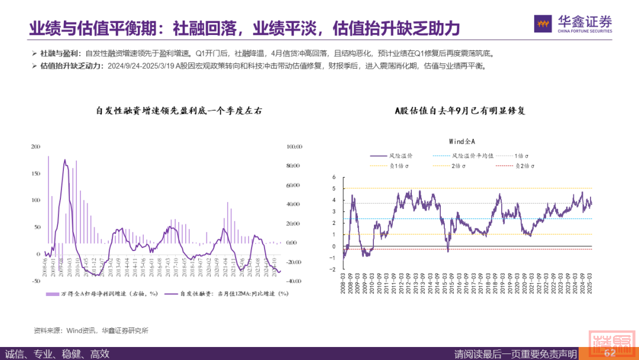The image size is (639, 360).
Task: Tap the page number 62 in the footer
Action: [609, 353]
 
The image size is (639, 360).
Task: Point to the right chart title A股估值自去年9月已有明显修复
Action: [460, 111]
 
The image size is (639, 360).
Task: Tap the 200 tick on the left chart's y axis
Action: [35, 146]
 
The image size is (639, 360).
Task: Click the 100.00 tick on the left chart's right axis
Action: [293, 146]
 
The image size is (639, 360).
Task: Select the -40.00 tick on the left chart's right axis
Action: [293, 281]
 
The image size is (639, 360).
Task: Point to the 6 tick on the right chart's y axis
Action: [334, 177]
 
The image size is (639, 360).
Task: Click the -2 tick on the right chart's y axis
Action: [333, 269]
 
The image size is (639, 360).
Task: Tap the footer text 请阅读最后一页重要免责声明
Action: [515, 354]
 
